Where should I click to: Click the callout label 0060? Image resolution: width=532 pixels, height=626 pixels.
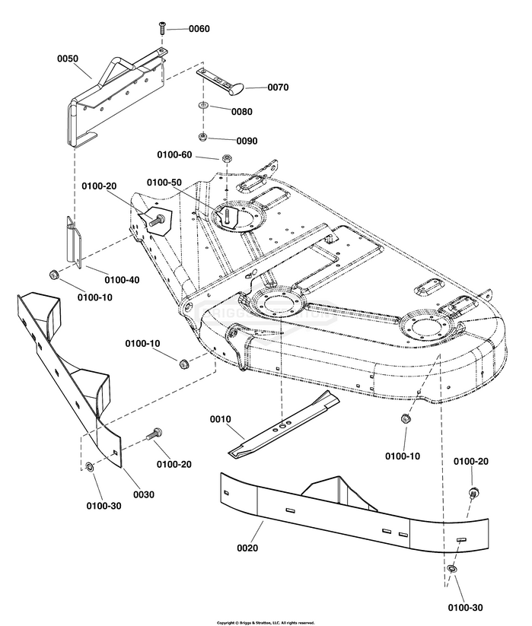199,29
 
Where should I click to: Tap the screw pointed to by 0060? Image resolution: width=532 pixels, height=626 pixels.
161,28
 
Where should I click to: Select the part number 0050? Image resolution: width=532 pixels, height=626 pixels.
68,59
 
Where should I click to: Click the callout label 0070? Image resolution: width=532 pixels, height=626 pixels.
278,87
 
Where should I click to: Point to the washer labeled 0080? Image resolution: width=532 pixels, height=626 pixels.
203,106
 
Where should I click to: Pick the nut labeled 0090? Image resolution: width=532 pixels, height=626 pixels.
203,137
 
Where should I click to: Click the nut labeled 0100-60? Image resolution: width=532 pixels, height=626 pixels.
226,157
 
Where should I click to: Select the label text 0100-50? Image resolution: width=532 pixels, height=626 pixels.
164,183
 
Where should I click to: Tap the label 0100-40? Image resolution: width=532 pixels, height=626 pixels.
123,280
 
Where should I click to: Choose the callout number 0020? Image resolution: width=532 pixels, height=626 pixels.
247,548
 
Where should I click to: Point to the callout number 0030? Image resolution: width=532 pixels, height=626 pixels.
144,494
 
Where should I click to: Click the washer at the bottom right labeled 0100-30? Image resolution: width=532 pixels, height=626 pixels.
452,569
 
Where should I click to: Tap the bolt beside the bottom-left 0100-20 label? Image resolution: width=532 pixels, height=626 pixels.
155,434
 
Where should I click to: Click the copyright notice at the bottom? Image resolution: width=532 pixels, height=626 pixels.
266,623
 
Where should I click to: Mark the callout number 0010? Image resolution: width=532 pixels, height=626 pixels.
221,419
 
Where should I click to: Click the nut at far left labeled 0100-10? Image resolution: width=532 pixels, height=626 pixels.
53,275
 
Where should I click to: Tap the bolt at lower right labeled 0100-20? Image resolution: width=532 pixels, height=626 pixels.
473,492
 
